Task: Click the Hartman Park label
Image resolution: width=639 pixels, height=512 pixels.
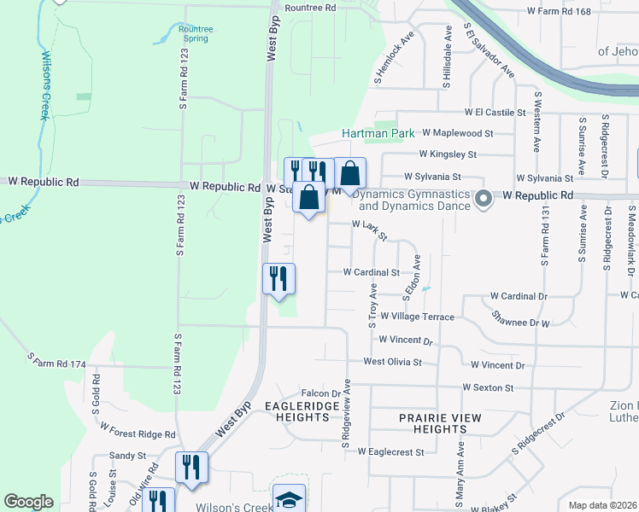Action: (x=378, y=134)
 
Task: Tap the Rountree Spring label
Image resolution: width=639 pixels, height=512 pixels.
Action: (x=197, y=33)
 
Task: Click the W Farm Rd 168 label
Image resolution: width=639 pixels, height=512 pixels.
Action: (x=560, y=11)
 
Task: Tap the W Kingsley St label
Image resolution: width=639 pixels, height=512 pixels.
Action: (x=447, y=154)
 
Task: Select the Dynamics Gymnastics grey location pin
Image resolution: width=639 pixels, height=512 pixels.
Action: (x=483, y=199)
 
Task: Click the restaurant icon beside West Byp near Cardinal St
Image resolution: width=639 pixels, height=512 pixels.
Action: (x=278, y=278)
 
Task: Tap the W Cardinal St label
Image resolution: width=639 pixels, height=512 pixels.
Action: (x=371, y=272)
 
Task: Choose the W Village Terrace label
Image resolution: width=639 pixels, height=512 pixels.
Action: (x=418, y=316)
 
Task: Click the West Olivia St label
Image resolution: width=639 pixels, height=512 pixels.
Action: (x=392, y=362)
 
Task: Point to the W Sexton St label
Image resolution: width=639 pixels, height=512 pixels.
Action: (x=487, y=387)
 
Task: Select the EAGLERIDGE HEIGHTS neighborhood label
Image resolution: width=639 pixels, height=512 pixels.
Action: (x=296, y=411)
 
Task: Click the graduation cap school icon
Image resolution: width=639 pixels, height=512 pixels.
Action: (x=289, y=498)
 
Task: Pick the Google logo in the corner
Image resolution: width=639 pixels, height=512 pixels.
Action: (x=28, y=502)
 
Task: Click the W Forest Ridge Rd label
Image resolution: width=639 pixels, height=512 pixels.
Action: (x=138, y=429)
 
